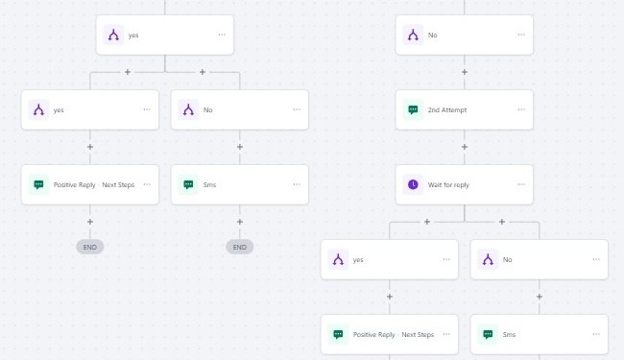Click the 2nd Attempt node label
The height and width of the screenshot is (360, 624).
coord(447,110)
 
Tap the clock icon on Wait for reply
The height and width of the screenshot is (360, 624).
coord(413,184)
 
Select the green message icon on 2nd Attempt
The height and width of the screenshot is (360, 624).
coord(413,110)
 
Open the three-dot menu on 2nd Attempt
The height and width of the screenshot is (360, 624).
coord(521,110)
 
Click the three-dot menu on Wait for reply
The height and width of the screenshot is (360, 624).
coord(521,184)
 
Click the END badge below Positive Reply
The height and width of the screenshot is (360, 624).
coord(90,247)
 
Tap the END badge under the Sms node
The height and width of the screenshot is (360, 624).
coord(240,247)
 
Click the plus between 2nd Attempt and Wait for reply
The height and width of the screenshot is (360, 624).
coord(465,147)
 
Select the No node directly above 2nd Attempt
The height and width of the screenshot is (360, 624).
coord(465,36)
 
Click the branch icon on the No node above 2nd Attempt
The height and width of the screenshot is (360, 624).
coord(413,36)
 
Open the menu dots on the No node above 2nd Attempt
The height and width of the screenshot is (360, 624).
coord(521,36)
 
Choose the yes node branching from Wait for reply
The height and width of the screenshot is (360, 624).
coord(390,259)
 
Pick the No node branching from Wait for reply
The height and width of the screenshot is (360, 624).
coord(540,259)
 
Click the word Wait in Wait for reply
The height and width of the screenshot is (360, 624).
coord(436,184)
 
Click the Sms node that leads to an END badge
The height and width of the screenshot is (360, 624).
coord(240,184)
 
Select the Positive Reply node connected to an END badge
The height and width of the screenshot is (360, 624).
coord(90,184)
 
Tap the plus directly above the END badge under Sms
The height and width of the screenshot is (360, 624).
coord(240,222)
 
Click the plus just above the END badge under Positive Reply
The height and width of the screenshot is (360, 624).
coord(90,222)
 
